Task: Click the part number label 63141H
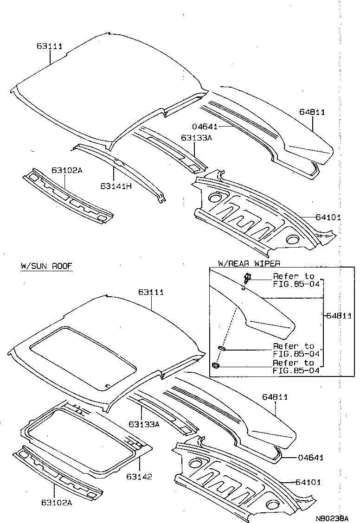tap(116, 185)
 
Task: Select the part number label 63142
tap(138, 477)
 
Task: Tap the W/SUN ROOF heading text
tap(46, 266)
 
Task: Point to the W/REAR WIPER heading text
tap(249, 263)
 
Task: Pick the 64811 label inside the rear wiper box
tap(341, 316)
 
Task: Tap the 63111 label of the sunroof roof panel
tap(151, 292)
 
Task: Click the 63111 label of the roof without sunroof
tap(49, 46)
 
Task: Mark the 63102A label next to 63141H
tap(67, 170)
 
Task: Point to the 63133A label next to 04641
tap(196, 138)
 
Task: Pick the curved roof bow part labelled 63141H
tap(121, 169)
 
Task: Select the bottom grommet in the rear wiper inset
tap(216, 365)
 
